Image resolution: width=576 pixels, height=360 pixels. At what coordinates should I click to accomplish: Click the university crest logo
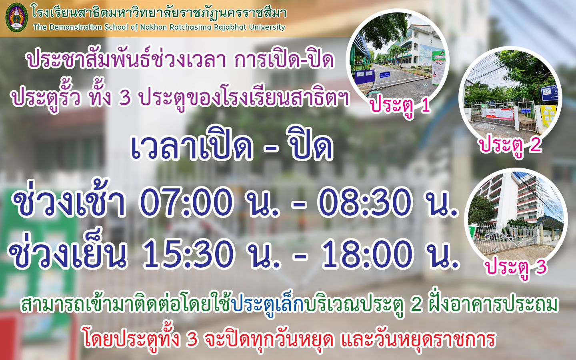click(x=16, y=17)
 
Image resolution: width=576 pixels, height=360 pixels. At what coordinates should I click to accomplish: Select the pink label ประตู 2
click(x=510, y=145)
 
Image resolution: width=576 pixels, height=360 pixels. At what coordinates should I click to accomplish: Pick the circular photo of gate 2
click(x=510, y=98)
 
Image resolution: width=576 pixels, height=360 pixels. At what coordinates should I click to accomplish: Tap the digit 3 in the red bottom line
click(x=192, y=339)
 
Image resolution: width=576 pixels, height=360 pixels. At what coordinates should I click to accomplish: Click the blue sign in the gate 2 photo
click(x=550, y=93)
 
